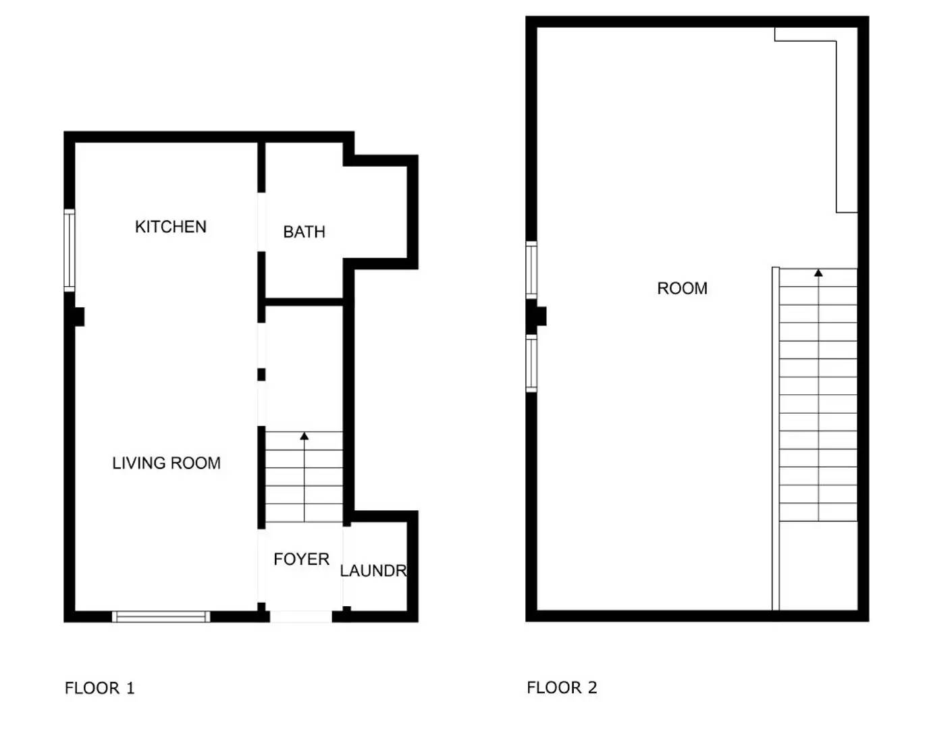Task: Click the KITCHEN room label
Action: [171, 227]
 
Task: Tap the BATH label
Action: [304, 232]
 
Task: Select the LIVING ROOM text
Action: [166, 463]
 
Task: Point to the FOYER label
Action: [301, 559]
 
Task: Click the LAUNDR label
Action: [373, 571]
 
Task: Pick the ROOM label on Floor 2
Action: [683, 288]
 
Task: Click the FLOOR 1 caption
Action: [100, 688]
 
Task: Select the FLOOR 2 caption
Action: [562, 688]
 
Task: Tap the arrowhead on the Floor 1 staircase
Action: [304, 436]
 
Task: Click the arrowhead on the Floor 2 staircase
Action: [818, 273]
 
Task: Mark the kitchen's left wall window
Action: [70, 250]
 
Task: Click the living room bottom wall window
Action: [161, 617]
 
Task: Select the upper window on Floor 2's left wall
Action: [531, 270]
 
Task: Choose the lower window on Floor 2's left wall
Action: [531, 363]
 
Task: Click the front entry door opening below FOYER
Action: [301, 617]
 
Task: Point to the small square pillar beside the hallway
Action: [261, 375]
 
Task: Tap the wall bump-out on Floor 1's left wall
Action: [80, 317]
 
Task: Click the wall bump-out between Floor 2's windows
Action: [541, 316]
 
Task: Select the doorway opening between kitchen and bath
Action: [261, 222]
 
